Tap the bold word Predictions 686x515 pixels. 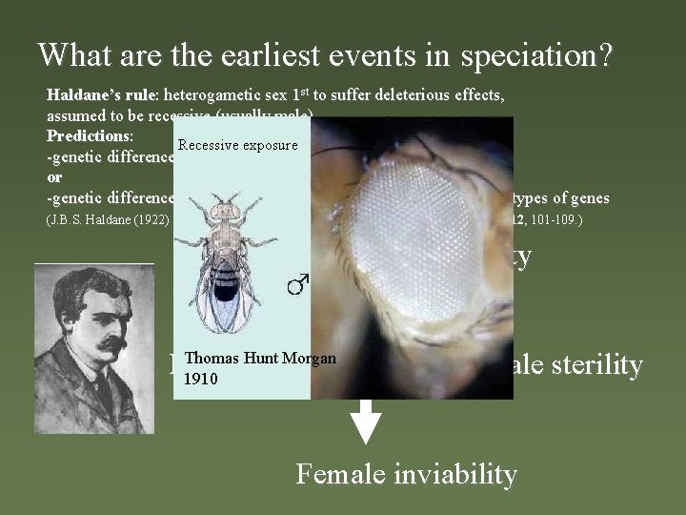[x=90, y=137]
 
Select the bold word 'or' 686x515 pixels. [x=55, y=177]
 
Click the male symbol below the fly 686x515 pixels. [x=298, y=283]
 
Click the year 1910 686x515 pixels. [x=202, y=379]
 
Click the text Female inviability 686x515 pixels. [x=406, y=473]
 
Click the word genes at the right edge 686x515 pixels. [x=591, y=198]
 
